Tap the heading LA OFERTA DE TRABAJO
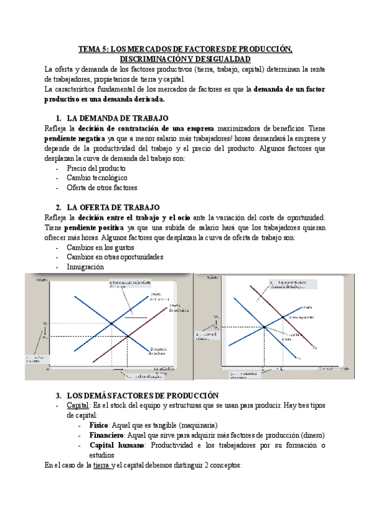112,207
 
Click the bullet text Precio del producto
96,168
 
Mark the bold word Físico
98,425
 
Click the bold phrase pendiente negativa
74,138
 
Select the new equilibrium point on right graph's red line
283,316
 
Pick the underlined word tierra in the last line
101,465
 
